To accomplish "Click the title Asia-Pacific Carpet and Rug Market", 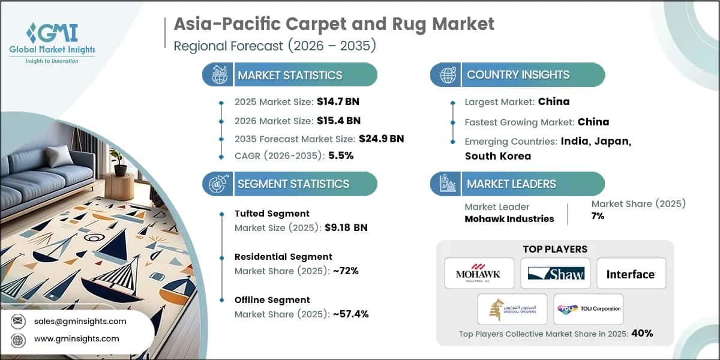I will [x=334, y=24].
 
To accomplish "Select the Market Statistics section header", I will [x=290, y=75].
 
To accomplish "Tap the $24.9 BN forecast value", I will [x=381, y=139].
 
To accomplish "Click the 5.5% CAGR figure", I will [x=341, y=155].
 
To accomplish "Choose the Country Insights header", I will [x=518, y=75].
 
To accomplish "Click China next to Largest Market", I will [x=553, y=101].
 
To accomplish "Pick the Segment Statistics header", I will [x=293, y=184].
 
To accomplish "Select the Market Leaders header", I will [x=511, y=184].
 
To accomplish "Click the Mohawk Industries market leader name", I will [x=509, y=218].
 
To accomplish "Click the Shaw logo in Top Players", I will [x=556, y=274].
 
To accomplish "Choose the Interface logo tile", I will [x=631, y=274].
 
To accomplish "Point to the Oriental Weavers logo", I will [x=512, y=309].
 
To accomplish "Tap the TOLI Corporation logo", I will [x=589, y=309].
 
